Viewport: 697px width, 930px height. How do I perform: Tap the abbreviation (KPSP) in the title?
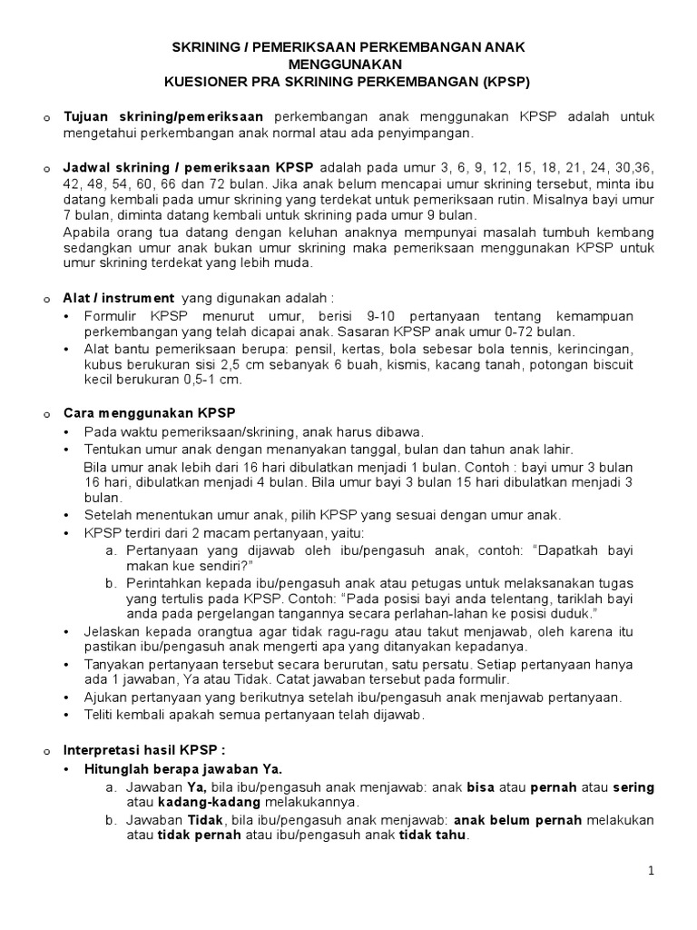click(498, 81)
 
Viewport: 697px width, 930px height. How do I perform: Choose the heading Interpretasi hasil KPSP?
click(142, 751)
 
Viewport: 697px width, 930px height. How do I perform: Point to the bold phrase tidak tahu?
click(435, 836)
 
